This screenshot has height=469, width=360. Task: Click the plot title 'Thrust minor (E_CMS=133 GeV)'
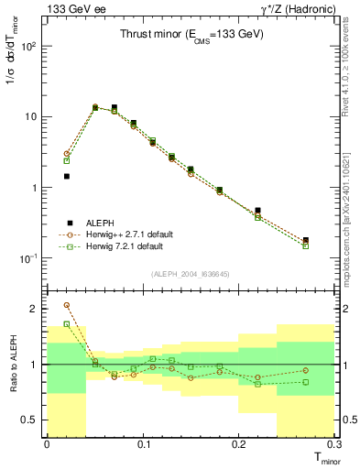(x=191, y=35)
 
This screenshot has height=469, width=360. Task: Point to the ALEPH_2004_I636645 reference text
(x=191, y=273)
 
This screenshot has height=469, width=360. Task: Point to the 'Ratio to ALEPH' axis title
(x=12, y=365)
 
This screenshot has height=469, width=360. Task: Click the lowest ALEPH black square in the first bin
(x=66, y=176)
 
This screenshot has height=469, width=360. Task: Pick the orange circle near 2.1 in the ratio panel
(x=66, y=305)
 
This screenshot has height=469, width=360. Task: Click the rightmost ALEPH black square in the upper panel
(x=306, y=240)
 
